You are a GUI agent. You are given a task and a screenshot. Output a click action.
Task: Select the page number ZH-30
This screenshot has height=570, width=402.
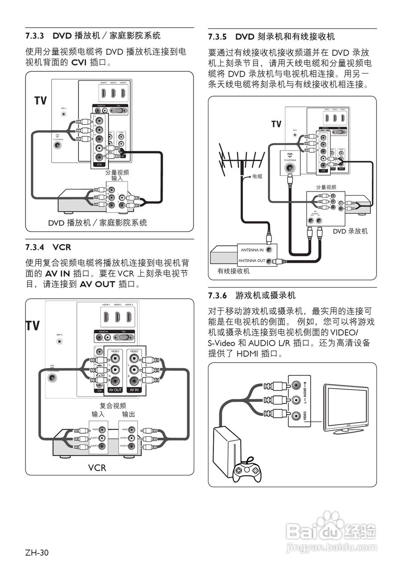pyautogui.click(x=37, y=553)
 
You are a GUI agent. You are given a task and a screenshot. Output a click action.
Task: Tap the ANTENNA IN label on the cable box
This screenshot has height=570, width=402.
pyautogui.click(x=252, y=250)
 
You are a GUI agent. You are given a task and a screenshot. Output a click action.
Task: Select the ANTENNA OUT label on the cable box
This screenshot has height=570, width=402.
pyautogui.click(x=251, y=261)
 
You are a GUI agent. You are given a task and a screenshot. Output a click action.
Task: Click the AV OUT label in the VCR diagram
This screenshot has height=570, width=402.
pyautogui.click(x=115, y=390)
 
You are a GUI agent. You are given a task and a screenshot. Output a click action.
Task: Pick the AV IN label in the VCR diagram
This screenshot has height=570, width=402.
pyautogui.click(x=134, y=390)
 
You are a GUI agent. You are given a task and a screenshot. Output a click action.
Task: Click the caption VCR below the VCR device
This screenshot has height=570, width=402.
pyautogui.click(x=97, y=468)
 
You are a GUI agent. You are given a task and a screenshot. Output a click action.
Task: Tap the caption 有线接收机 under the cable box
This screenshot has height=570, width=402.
pyautogui.click(x=234, y=271)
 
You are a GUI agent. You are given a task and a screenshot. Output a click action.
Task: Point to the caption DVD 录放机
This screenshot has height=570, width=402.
pyautogui.click(x=350, y=231)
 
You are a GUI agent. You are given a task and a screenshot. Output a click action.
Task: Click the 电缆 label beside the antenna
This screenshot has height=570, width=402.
pyautogui.click(x=257, y=176)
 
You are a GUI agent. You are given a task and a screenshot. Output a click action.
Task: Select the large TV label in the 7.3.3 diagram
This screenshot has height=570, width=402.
pyautogui.click(x=41, y=101)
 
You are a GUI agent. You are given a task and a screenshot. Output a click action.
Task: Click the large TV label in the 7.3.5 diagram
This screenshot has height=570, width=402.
pyautogui.click(x=277, y=124)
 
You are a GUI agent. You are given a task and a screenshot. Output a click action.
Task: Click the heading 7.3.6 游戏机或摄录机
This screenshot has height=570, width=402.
pyautogui.click(x=252, y=295)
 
